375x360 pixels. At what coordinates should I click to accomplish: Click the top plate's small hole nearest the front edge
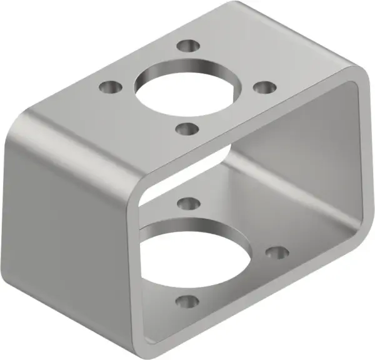(186, 129)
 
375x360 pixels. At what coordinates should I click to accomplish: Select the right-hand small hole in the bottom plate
(277, 252)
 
